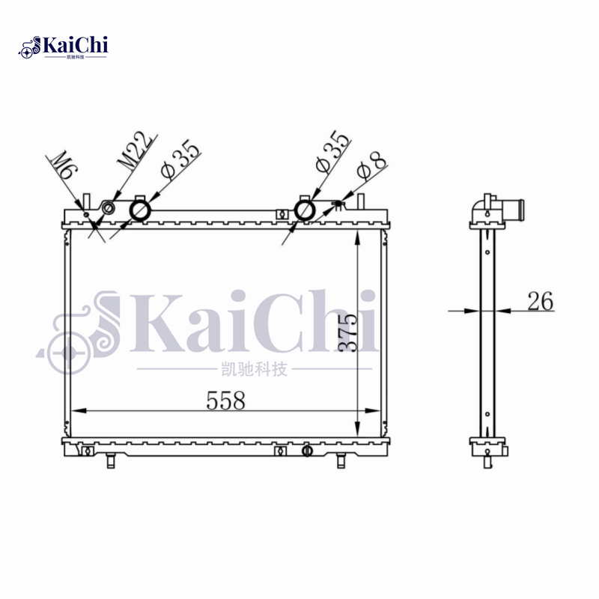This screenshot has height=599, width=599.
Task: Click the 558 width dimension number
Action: tap(225, 401)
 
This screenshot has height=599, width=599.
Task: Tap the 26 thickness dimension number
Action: tap(540, 302)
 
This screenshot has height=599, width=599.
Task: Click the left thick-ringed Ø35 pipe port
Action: tap(141, 210)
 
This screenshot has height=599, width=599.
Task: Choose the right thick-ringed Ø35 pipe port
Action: tap(305, 210)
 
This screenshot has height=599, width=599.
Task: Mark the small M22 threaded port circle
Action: tap(109, 207)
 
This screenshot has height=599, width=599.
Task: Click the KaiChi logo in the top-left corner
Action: tap(64, 47)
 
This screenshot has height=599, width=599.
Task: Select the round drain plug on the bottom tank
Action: tap(305, 451)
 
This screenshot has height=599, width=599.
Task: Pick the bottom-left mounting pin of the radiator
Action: tap(110, 460)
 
